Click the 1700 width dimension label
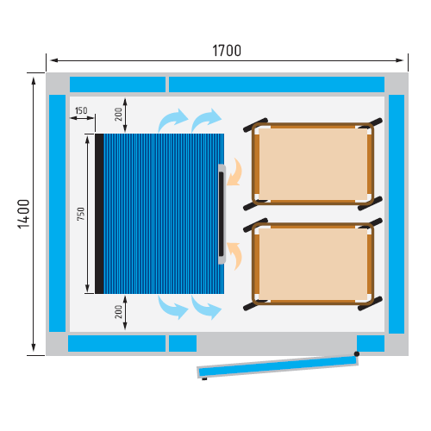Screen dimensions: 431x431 click(x=227, y=51)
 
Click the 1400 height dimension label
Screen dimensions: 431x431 click(x=24, y=214)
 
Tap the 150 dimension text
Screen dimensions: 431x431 click(x=81, y=110)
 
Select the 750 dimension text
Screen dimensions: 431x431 click(x=81, y=214)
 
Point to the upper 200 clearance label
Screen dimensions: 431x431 click(x=118, y=114)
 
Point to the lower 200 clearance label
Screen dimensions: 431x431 click(x=118, y=312)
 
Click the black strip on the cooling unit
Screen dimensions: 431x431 click(x=99, y=214)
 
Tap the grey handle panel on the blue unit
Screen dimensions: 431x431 click(x=222, y=214)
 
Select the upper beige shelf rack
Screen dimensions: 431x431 click(x=313, y=164)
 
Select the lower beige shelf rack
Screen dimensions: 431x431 click(x=313, y=264)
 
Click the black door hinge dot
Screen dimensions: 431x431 click(x=357, y=353)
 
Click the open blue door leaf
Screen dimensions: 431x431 click(x=278, y=366)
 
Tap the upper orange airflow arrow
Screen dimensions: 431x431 click(x=234, y=172)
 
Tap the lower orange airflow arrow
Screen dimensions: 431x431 click(x=234, y=256)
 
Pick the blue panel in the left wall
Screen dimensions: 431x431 click(x=58, y=213)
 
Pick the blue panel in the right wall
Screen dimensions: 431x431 click(x=397, y=214)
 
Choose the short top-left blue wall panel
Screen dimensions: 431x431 click(x=117, y=84)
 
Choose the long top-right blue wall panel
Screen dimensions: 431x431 click(x=277, y=84)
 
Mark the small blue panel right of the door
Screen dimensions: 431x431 click(x=371, y=343)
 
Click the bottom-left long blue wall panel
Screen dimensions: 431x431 click(x=116, y=343)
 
